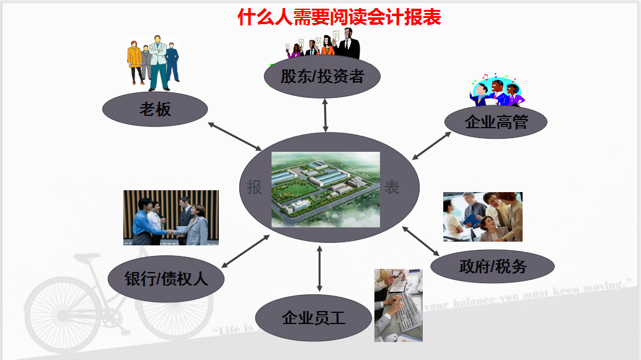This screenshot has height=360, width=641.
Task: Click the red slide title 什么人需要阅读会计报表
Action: tap(339, 17)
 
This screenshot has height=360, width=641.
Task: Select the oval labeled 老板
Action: tap(155, 110)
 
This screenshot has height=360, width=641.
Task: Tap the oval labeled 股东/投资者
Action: tap(322, 77)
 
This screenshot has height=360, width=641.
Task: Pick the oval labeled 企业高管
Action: tap(496, 121)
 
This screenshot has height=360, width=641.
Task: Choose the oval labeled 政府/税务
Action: tap(492, 266)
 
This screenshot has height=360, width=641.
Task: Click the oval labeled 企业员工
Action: tap(313, 318)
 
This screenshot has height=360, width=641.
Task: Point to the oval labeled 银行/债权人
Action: tap(166, 279)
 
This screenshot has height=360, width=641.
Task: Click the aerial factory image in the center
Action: tap(325, 189)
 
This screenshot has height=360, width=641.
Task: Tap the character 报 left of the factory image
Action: tap(254, 187)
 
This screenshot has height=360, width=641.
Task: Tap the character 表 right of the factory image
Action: tap(392, 187)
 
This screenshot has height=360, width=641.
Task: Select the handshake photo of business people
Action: tap(171, 217)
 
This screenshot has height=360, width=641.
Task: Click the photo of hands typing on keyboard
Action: tap(398, 305)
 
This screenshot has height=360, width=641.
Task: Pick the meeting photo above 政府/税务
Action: tap(482, 216)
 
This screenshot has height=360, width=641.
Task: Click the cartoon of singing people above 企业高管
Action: tap(497, 90)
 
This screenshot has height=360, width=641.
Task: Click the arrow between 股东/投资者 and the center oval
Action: tap(325, 115)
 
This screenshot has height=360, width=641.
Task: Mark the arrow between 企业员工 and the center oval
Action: tap(319, 268)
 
